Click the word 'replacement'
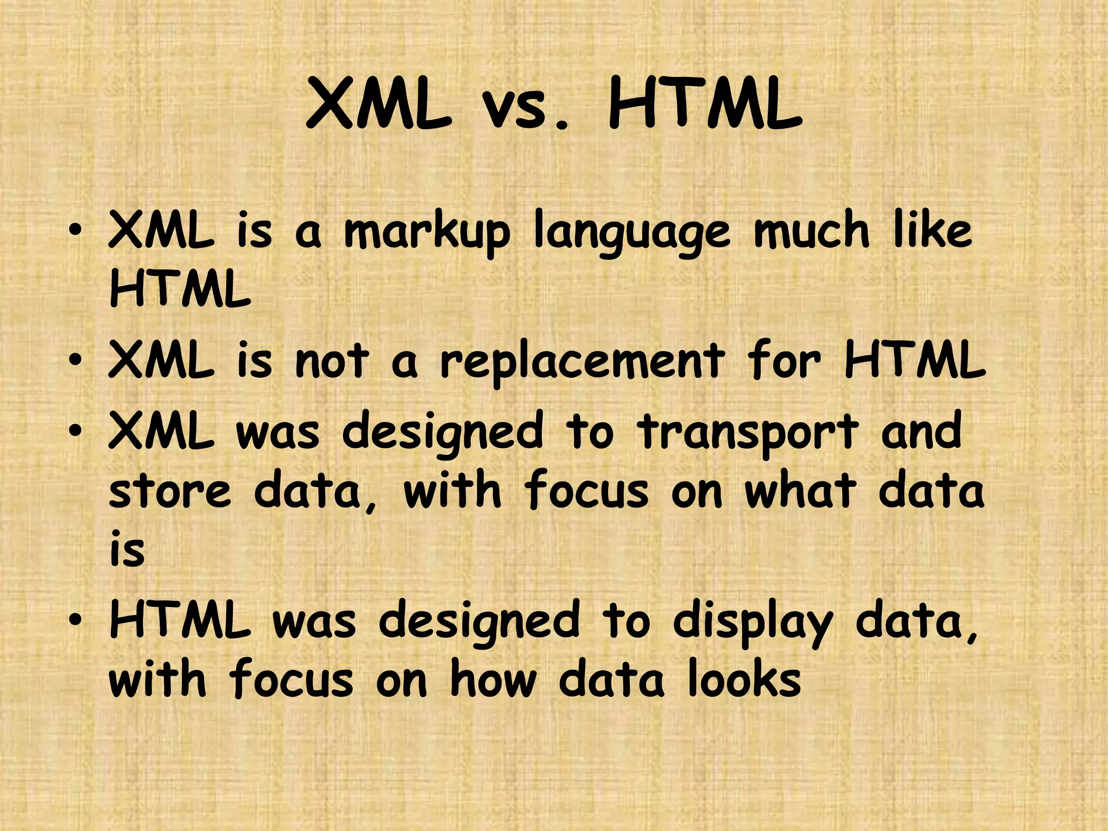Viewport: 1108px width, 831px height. click(582, 362)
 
